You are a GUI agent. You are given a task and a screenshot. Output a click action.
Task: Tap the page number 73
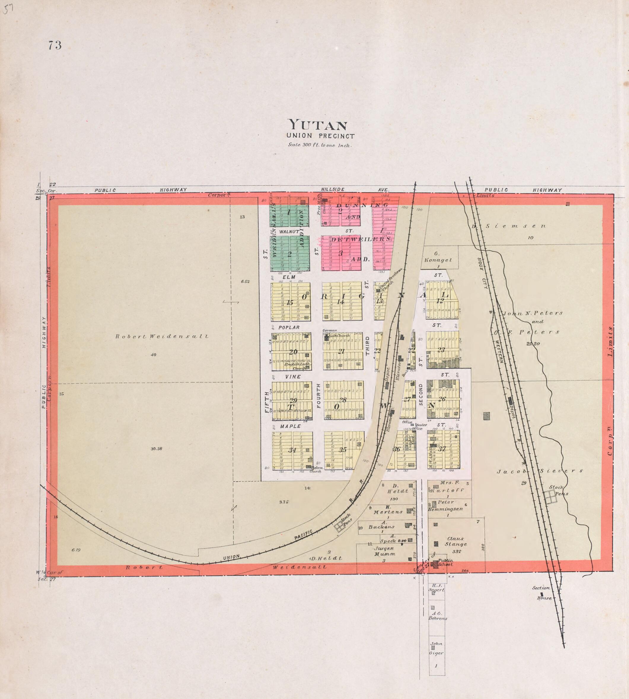click(x=55, y=45)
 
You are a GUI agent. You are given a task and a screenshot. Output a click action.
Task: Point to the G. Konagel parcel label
click(x=438, y=257)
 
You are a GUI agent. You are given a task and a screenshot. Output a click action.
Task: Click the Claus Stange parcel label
click(x=456, y=541)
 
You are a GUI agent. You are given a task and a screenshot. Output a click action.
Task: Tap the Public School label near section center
click(x=445, y=563)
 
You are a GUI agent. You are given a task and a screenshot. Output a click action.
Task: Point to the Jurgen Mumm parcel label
click(x=384, y=551)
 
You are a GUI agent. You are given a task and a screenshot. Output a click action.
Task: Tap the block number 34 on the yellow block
click(x=292, y=450)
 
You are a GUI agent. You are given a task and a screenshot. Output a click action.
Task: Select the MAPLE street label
click(x=290, y=427)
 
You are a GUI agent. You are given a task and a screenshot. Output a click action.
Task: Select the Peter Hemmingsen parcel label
click(x=445, y=505)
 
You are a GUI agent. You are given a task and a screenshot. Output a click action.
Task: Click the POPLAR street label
click(x=289, y=327)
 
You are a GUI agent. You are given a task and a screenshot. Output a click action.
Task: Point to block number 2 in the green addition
click(x=290, y=253)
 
